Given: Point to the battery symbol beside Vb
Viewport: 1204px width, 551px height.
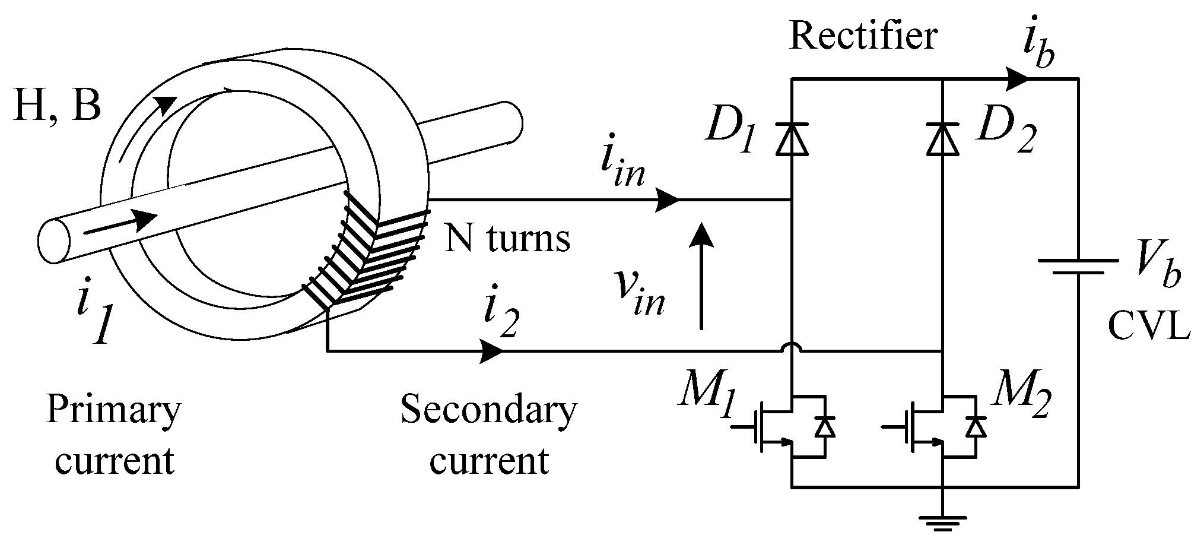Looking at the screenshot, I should [1078, 267].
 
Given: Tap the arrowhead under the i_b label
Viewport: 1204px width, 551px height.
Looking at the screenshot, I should [1018, 78].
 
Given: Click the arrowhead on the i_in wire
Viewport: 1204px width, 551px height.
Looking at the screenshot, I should [668, 201].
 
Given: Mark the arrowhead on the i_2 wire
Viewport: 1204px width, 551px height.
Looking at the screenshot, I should [491, 351].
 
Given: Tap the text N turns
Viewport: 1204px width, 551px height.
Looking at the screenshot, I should [507, 238].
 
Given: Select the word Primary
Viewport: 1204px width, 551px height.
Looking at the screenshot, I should [113, 409].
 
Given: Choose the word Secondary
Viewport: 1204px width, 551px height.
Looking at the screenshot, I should [488, 409].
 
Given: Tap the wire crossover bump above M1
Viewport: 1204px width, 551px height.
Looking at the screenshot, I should [792, 347].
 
